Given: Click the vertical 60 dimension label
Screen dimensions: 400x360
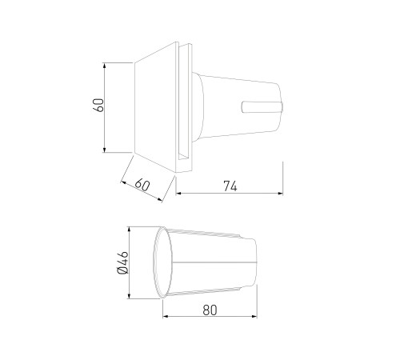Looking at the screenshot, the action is (99, 106).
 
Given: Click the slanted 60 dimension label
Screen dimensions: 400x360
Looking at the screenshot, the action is (142, 185).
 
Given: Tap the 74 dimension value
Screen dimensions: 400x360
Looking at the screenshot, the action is (230, 186).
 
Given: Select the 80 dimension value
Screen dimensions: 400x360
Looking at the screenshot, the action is (210, 310).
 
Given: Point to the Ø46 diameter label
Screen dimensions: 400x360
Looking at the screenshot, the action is (123, 262).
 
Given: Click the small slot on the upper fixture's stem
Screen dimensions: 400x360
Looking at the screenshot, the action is (262, 107).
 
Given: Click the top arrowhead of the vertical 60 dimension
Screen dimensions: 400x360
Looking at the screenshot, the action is (104, 66).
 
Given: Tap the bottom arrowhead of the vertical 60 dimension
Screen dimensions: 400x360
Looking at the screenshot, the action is (104, 150).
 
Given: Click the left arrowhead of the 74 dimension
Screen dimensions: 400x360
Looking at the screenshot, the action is (178, 194).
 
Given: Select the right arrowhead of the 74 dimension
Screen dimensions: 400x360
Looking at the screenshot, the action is (280, 194).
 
